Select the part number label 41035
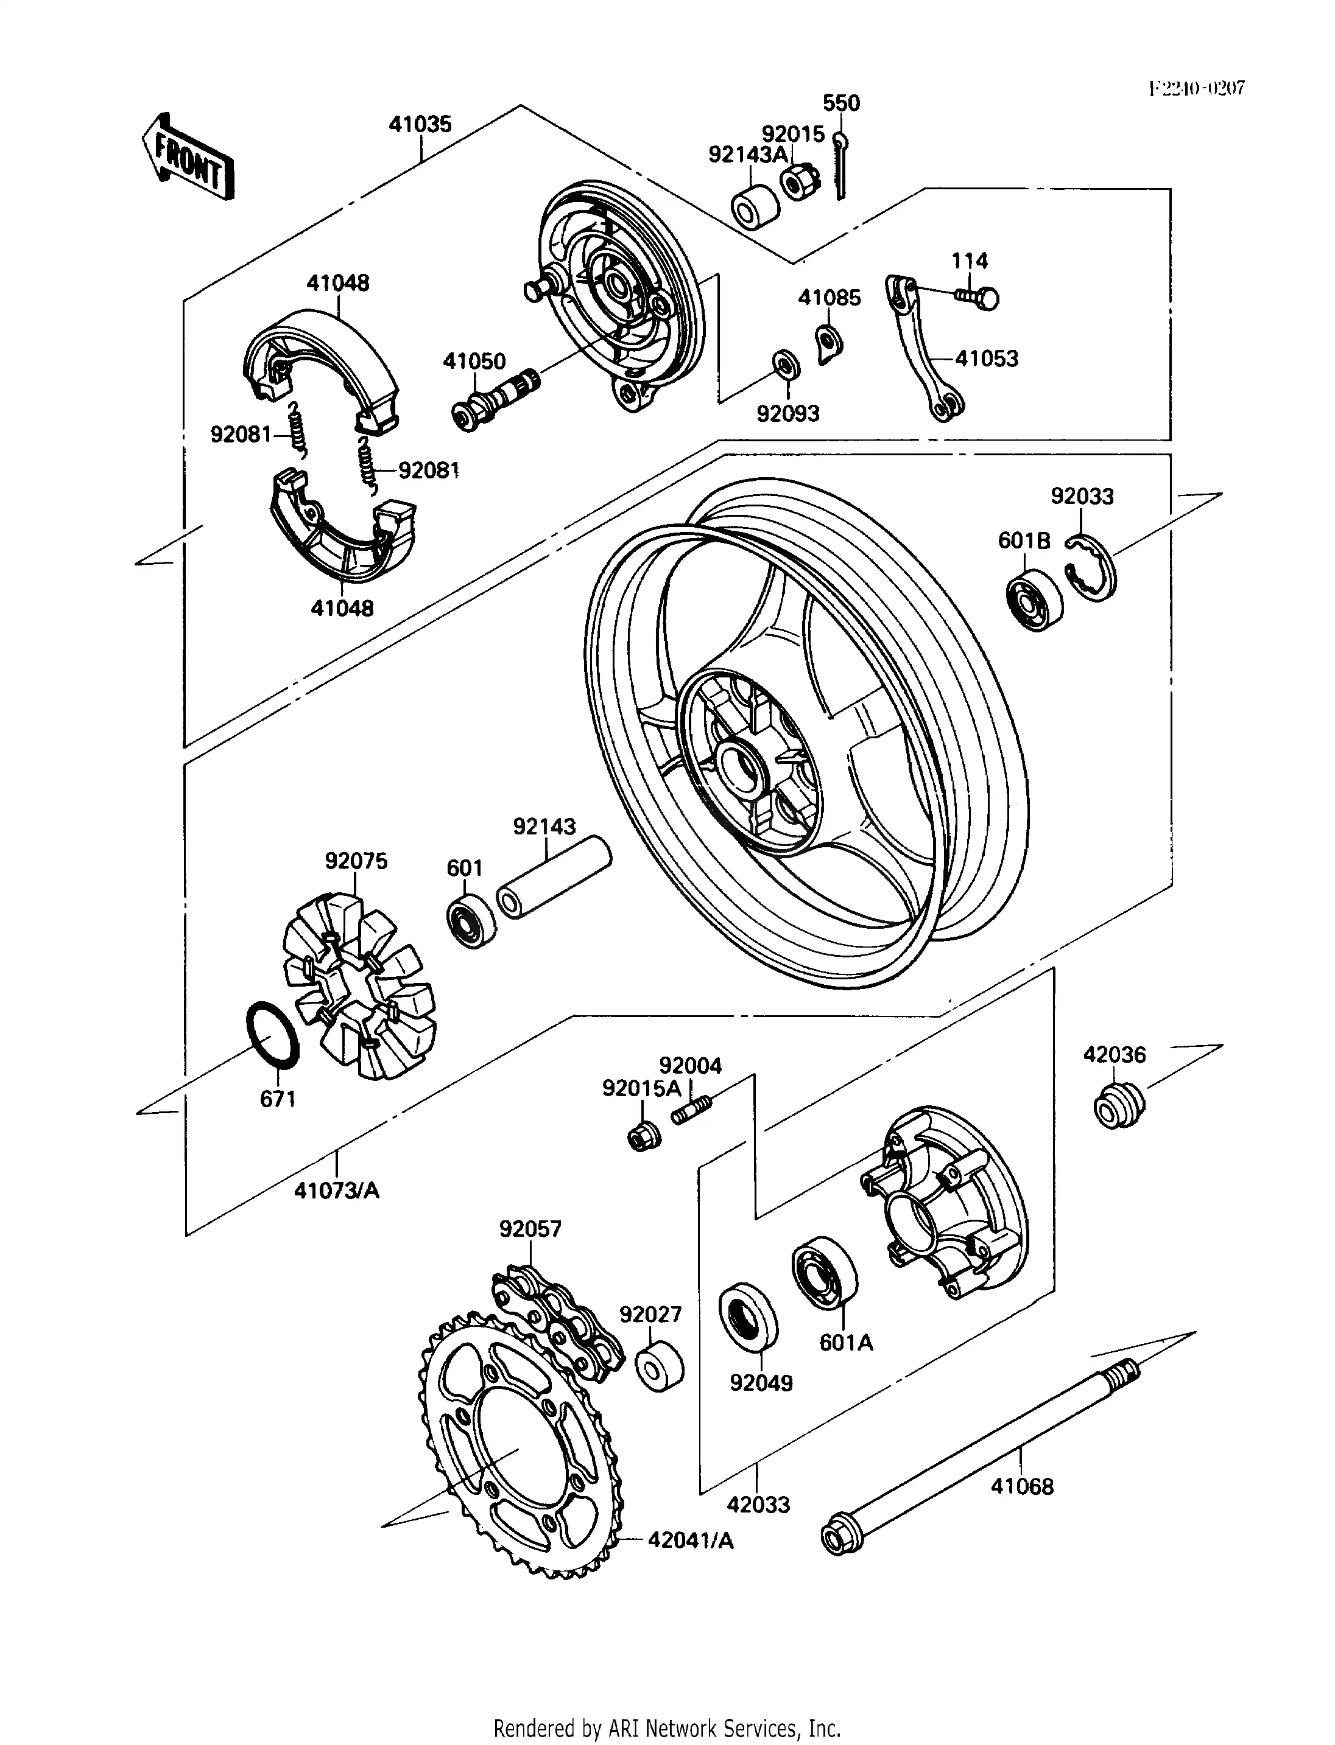point(420,124)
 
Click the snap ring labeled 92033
point(1093,568)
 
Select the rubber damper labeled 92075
point(360,985)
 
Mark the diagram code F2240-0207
point(1196,88)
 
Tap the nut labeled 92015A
point(641,1138)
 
